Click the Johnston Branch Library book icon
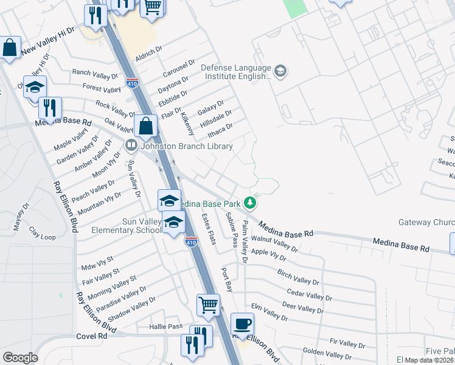point(130,146)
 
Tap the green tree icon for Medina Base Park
point(249,202)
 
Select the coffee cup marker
point(242,324)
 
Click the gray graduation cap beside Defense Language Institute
point(280,72)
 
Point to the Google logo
point(20,357)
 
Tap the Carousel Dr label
point(179,69)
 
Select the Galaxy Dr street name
point(210,108)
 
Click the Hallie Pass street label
point(166,327)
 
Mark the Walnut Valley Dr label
point(274,245)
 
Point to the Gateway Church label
point(426,223)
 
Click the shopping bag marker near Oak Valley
point(146,127)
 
